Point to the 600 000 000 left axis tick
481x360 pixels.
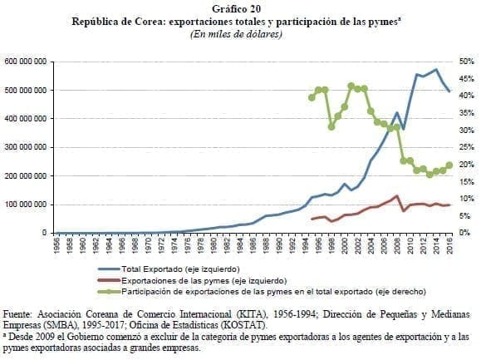(27, 62)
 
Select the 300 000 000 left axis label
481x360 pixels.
(27, 147)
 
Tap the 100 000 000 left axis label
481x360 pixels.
(27, 205)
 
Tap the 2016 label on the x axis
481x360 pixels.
(449, 248)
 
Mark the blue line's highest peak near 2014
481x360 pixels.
(436, 70)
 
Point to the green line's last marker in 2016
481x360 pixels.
(449, 165)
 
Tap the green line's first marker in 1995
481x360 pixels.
(312, 97)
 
